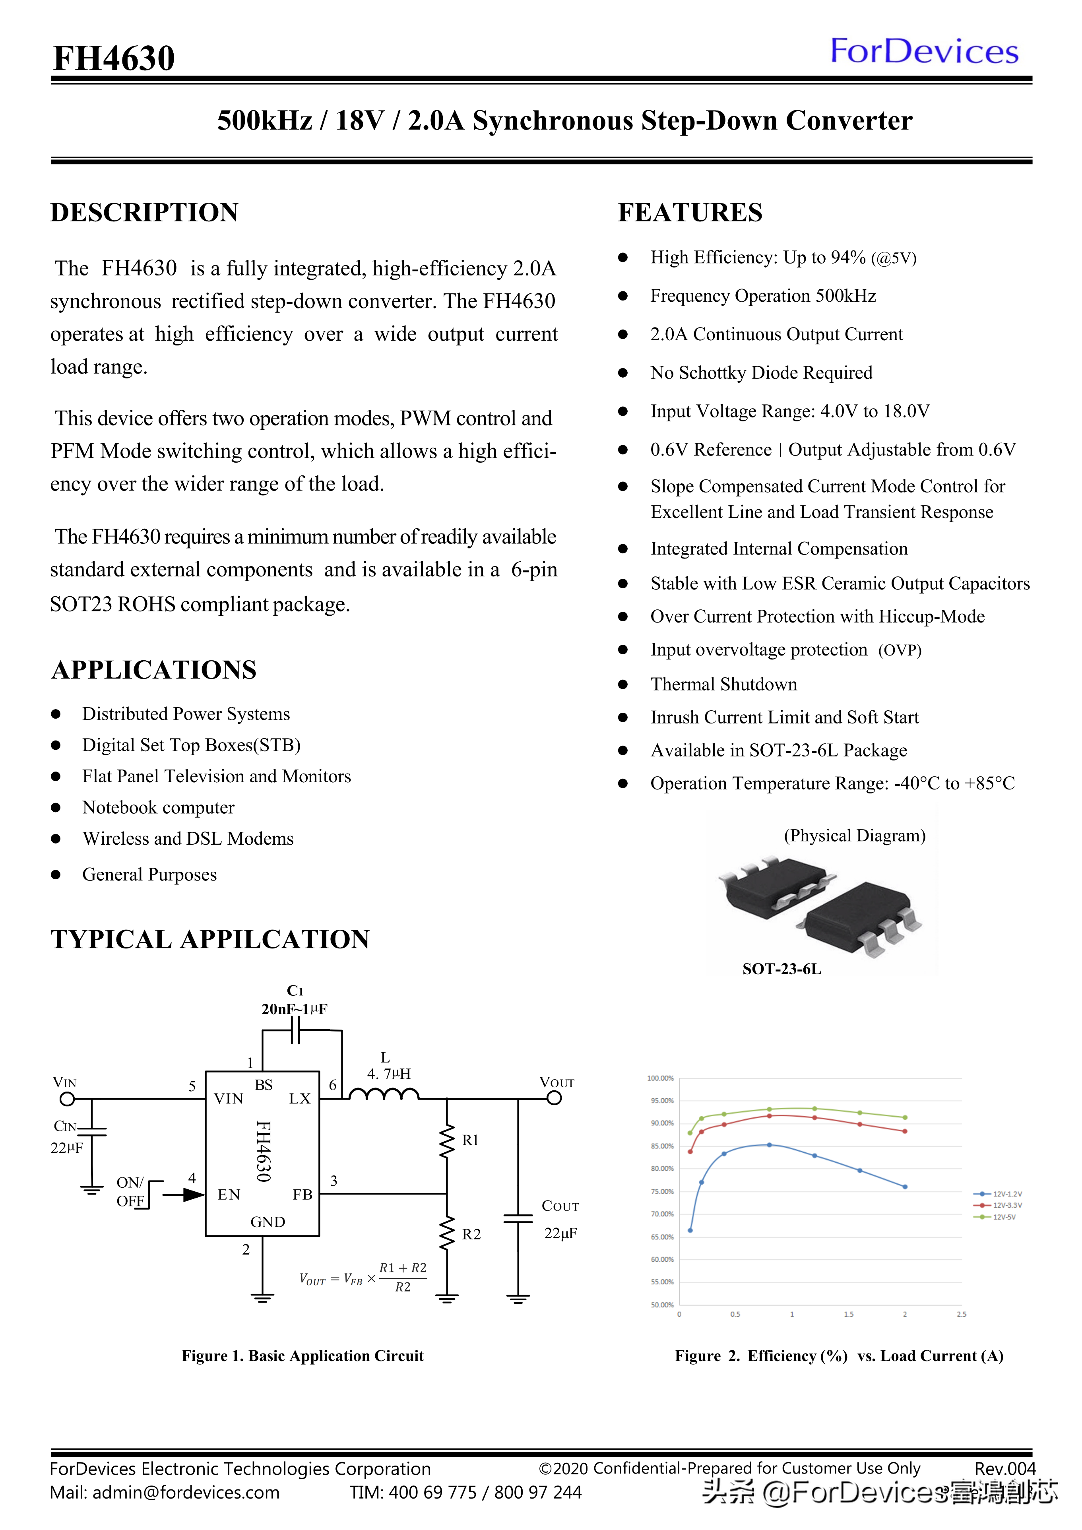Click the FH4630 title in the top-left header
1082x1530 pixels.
click(x=114, y=58)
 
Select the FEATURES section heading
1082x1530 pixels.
click(x=690, y=213)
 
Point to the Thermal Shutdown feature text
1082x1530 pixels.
click(x=723, y=685)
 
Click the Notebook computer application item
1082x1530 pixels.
click(x=159, y=808)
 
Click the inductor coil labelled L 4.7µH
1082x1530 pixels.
click(x=384, y=1094)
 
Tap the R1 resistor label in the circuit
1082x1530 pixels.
click(x=470, y=1140)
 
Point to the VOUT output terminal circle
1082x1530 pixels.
click(x=555, y=1098)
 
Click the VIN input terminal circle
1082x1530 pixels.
click(x=67, y=1098)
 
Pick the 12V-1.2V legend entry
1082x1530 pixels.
click(x=997, y=1194)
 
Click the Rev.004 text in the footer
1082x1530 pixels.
click(x=1005, y=1469)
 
